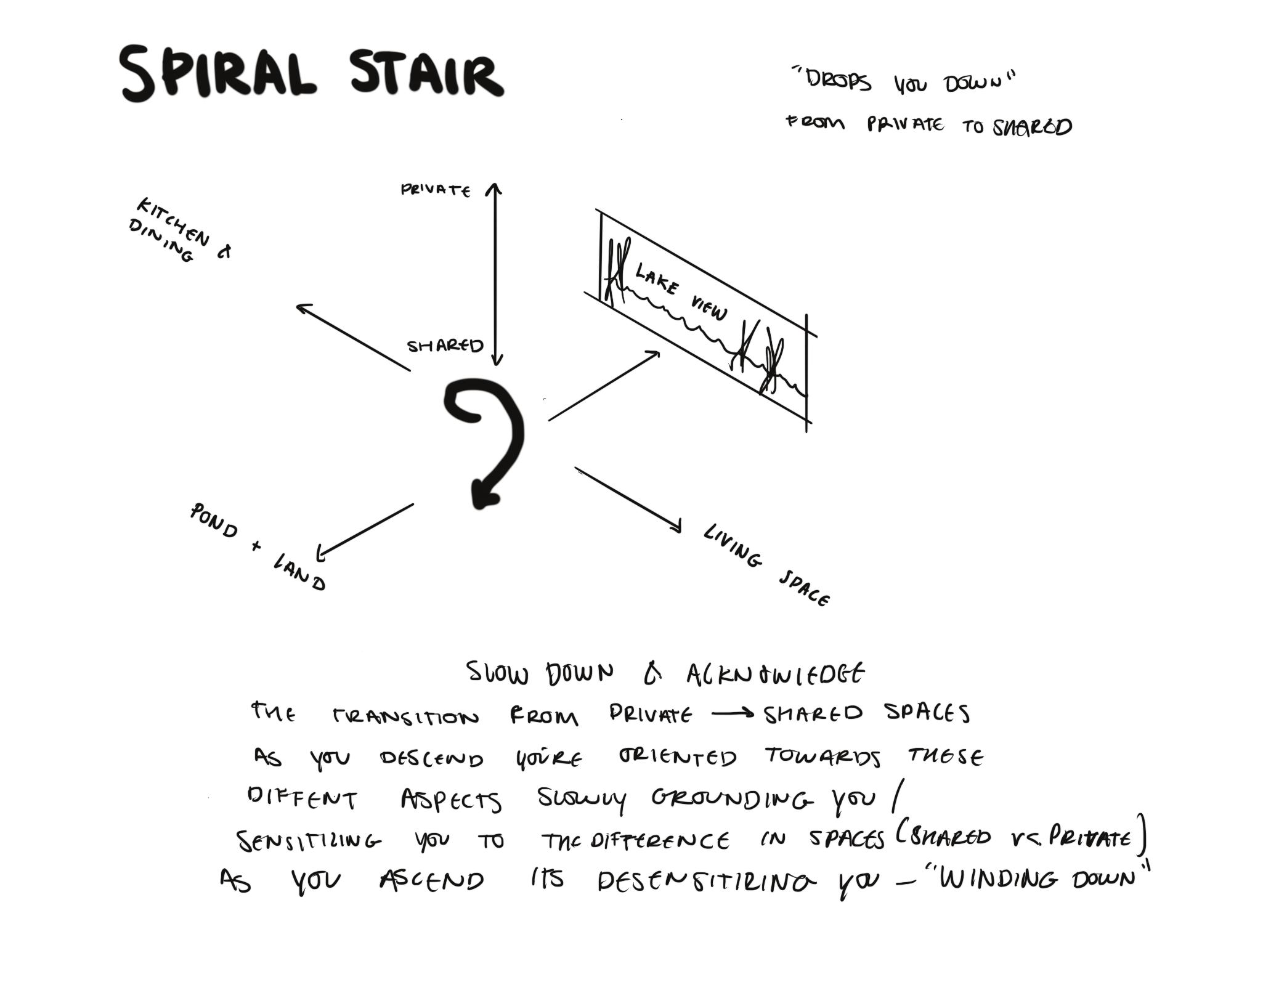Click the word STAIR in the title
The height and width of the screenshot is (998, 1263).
426,74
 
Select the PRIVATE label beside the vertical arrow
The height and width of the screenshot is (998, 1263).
436,190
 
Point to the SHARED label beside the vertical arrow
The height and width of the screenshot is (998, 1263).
445,346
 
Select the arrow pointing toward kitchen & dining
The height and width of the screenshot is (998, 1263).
353,338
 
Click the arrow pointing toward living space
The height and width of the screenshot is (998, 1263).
628,499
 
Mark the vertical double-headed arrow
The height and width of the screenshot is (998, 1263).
495,274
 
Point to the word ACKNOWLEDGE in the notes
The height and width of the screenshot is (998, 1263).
775,675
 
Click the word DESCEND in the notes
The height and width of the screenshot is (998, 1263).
431,758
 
